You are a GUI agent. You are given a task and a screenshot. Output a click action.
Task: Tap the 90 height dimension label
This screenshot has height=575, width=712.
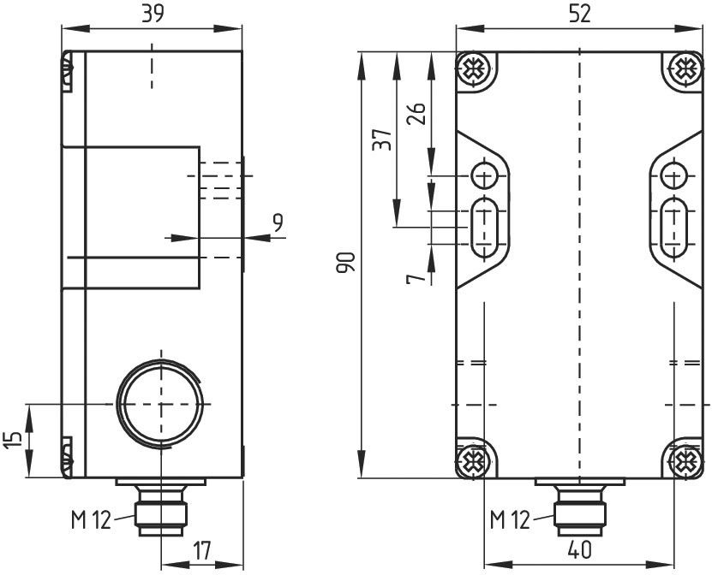[x=344, y=263]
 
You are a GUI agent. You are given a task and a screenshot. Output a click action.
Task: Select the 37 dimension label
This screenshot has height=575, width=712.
[x=382, y=139]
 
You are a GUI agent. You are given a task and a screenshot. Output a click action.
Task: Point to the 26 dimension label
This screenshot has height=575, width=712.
[x=416, y=114]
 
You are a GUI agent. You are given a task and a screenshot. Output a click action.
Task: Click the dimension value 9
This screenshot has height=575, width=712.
[x=277, y=223]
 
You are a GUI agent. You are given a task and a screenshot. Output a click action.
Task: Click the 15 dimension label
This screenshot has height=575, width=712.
[x=12, y=439]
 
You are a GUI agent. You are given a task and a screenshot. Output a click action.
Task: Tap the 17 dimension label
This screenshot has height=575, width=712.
[x=202, y=552]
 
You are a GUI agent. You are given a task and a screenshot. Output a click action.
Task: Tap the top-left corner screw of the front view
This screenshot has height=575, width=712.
[x=474, y=68]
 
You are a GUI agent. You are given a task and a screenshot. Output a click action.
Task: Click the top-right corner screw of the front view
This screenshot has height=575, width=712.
[x=683, y=68]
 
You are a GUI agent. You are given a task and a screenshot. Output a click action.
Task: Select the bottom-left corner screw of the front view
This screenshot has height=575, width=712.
[x=474, y=462]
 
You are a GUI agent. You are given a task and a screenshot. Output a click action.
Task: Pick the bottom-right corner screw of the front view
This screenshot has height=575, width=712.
[x=683, y=462]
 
